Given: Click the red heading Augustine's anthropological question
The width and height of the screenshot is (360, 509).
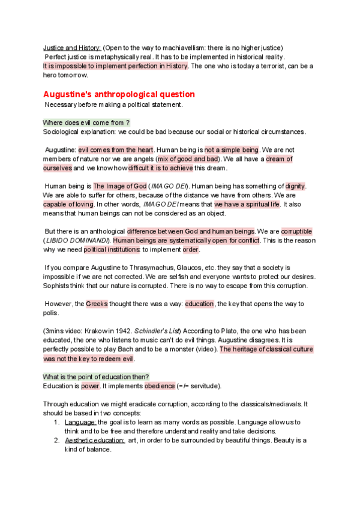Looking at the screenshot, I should [x=119, y=94].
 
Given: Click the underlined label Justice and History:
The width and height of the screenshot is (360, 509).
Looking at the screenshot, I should [x=73, y=47].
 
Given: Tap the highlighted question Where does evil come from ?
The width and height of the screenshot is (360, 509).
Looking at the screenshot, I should [x=86, y=122].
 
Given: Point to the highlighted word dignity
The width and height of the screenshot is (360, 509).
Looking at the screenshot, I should [x=295, y=187].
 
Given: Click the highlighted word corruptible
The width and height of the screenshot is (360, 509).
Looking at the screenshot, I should [x=296, y=232].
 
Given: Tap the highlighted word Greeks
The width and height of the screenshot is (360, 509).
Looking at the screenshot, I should [x=97, y=304].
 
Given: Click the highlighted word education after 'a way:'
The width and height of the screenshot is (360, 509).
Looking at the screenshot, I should [x=199, y=304].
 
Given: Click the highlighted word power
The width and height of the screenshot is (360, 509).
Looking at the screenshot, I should [x=90, y=385].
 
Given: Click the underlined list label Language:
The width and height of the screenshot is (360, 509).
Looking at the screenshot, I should [x=80, y=422].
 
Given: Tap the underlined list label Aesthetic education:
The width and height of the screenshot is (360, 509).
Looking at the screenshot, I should [x=95, y=440].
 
